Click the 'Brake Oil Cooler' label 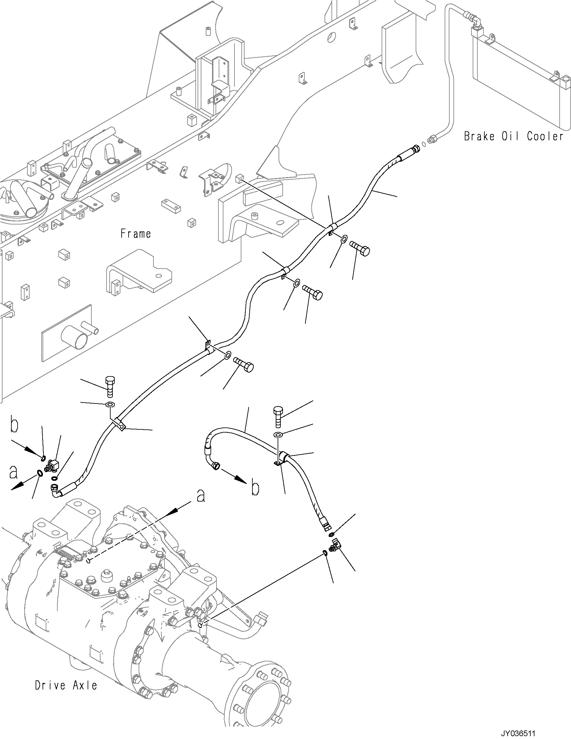coord(514,137)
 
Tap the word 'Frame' coord(136,234)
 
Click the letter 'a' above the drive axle coord(201,505)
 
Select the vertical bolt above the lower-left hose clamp coord(110,386)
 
